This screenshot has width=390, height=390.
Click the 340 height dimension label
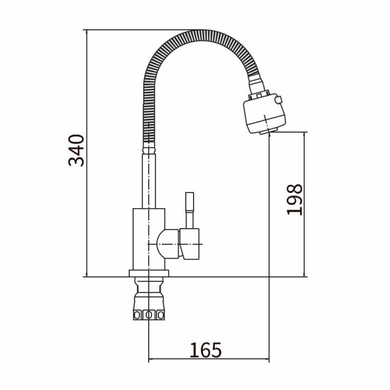76,150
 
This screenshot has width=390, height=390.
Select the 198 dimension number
294,200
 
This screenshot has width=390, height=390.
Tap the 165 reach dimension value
205,350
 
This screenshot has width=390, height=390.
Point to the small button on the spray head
278,100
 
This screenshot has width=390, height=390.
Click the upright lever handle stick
190,210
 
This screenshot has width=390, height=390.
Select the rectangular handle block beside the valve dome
190,244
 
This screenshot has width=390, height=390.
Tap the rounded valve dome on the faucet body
168,244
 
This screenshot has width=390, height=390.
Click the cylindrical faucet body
148,239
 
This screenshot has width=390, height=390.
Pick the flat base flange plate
149,274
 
